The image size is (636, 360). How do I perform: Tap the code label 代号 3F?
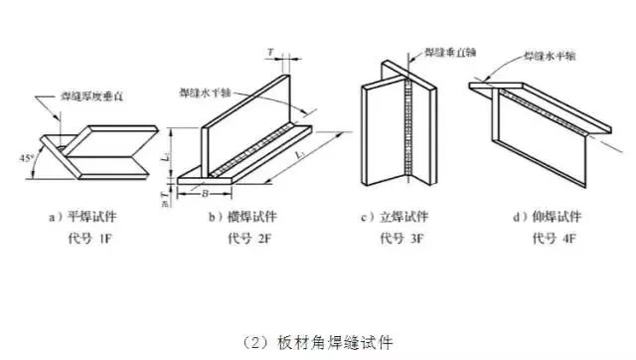click(400, 238)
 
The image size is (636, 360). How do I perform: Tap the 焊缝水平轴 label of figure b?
click(207, 93)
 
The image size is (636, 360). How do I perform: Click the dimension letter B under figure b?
click(206, 192)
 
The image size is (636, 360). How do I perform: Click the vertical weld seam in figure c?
click(408, 124)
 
